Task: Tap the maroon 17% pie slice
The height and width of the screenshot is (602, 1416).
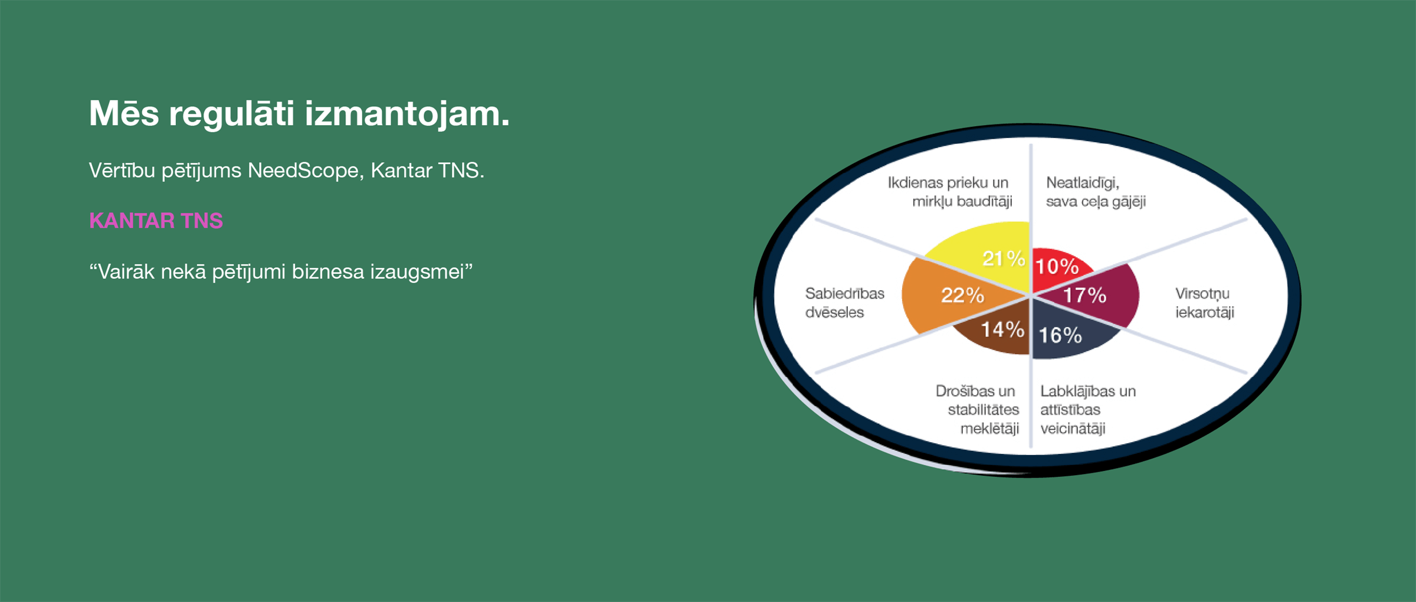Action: (1091, 295)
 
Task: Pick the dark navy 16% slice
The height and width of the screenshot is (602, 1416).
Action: (1068, 333)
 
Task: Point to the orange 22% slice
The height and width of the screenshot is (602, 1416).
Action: (950, 295)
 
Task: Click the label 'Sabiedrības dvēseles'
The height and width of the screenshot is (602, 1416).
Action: (844, 303)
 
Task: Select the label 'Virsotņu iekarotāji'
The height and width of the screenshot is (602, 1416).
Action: (1204, 303)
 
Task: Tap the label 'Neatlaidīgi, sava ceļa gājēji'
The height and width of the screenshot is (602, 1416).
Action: (1096, 192)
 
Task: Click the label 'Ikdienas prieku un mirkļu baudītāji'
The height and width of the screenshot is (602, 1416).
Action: (950, 192)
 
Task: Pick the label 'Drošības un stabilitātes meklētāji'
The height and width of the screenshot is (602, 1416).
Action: (977, 410)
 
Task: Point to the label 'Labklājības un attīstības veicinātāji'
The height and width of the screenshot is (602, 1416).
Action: (1088, 410)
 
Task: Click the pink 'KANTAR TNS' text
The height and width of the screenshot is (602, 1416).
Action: (156, 221)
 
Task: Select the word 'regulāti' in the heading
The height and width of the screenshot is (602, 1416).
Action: (231, 114)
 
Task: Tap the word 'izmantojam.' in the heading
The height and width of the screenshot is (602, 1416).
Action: (407, 114)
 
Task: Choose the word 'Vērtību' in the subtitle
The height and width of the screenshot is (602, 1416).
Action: (122, 171)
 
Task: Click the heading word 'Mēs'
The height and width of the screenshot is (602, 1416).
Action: (124, 113)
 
